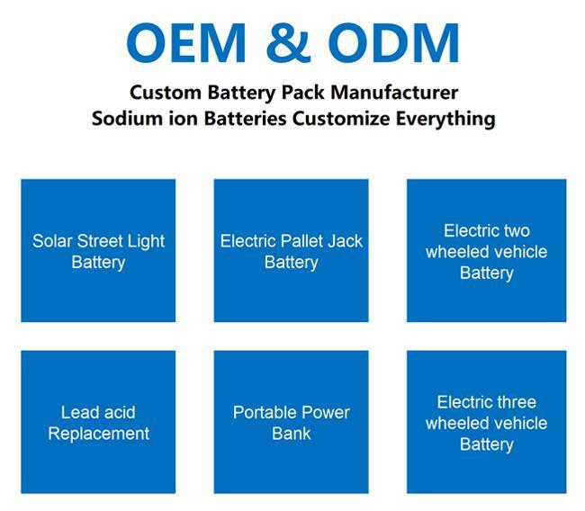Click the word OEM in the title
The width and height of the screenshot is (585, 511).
tap(186, 43)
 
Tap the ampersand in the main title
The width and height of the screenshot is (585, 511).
tap(288, 43)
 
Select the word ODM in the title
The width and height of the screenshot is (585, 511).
tap(393, 43)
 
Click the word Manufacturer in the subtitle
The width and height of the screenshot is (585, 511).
tap(394, 92)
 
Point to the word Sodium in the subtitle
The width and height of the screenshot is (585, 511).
tap(127, 119)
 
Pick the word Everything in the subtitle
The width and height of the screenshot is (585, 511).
tap(445, 120)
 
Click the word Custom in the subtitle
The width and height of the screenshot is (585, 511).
tap(166, 92)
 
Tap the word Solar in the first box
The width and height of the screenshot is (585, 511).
tap(52, 241)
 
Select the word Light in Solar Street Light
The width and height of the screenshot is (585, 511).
tap(146, 242)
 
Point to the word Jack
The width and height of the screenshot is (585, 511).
tap(345, 241)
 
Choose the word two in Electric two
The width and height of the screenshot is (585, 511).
tap(517, 231)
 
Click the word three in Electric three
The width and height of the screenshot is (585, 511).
tap(517, 402)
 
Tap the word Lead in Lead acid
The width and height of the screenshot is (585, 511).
tap(75, 413)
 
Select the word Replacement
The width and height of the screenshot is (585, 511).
tap(98, 434)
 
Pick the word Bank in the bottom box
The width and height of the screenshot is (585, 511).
tap(292, 434)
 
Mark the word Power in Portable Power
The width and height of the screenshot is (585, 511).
tap(325, 413)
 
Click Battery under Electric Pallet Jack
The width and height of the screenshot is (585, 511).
tap(292, 263)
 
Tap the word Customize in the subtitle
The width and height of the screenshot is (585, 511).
tap(341, 119)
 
